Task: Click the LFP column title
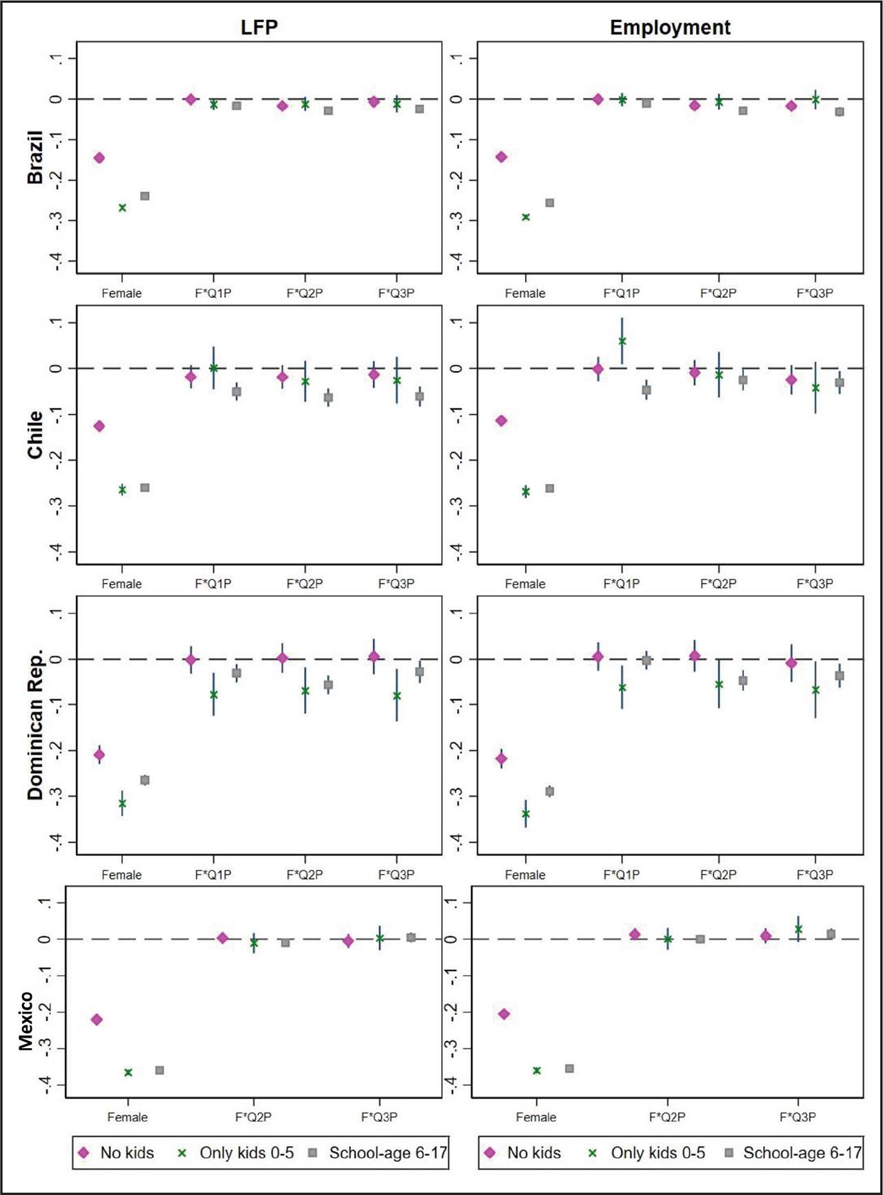point(259,27)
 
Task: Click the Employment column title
point(669,27)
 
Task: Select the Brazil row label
point(34,157)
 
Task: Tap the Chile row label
point(34,434)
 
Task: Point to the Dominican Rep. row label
point(34,724)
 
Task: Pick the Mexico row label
point(26,1021)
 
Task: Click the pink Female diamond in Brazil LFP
point(99,158)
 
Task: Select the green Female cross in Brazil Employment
point(526,217)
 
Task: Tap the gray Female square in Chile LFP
point(145,488)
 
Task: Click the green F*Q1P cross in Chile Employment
point(622,341)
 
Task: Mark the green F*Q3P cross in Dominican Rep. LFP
point(397,696)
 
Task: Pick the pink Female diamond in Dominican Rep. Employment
point(502,759)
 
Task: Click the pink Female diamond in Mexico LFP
point(97,1019)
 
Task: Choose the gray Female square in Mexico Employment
point(569,1068)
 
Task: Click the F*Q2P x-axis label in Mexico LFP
point(253,1116)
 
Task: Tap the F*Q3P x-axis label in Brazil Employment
point(815,293)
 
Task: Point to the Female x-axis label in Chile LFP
point(121,584)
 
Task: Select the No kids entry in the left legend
point(127,1153)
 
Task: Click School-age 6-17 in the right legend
point(802,1153)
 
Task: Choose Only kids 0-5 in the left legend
point(246,1153)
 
